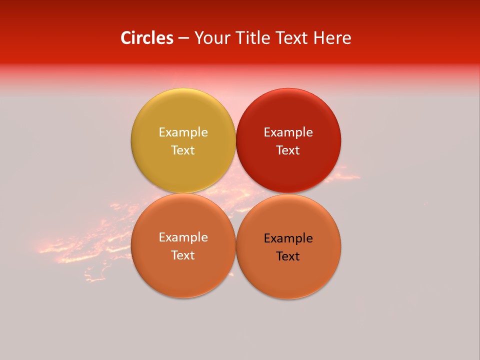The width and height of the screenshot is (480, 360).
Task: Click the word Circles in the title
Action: coord(146,38)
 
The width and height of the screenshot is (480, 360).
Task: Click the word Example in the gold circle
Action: coord(183,132)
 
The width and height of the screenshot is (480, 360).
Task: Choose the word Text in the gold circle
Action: coord(183,150)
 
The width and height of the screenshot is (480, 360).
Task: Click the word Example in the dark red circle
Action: coord(288,132)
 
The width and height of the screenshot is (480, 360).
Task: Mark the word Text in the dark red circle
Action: coord(288,150)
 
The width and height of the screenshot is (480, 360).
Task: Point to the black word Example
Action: coord(288,238)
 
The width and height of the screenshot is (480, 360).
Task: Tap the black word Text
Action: coord(288,256)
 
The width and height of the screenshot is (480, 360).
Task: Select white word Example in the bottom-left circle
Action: coord(183,237)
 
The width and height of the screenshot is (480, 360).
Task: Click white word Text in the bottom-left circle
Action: coord(183,255)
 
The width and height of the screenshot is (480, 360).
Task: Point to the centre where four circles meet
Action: coord(235,193)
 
